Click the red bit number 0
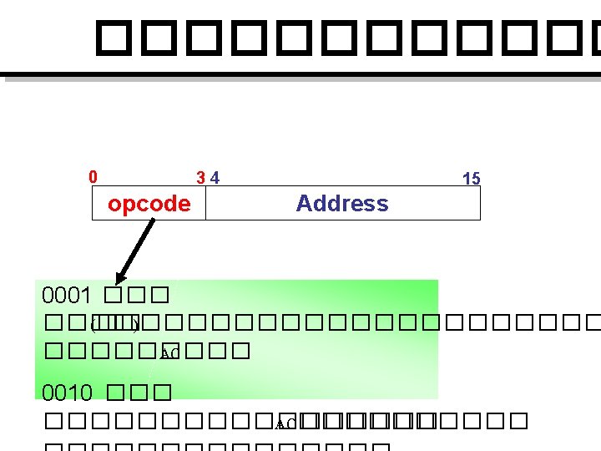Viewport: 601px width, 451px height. point(93,176)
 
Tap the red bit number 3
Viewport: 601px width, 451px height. point(199,177)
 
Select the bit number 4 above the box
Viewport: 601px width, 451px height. point(215,177)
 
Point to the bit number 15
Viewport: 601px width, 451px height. point(471,178)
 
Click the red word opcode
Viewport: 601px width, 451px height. point(149,204)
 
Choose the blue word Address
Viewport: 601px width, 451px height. point(342,203)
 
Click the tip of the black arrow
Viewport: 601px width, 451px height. point(118,282)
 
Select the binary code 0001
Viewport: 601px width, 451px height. point(67,296)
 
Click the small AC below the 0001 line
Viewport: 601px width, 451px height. point(166,354)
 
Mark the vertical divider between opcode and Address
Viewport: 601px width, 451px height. point(205,203)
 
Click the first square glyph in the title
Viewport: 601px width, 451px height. point(115,38)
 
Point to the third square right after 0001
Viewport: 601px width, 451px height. point(161,296)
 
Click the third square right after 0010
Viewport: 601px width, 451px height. point(163,392)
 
